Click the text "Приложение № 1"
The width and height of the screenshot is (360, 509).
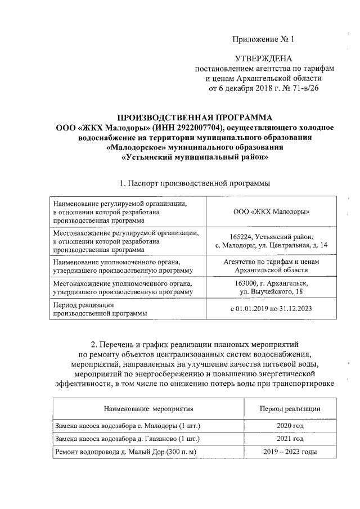[x=263, y=39]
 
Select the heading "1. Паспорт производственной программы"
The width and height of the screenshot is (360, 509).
[x=195, y=183]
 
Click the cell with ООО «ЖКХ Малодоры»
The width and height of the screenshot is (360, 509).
[x=271, y=212]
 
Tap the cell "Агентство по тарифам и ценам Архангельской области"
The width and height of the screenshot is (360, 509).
[x=271, y=265]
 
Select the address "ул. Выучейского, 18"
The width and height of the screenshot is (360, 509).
[x=271, y=292]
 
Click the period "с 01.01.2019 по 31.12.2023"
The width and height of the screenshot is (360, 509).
[x=271, y=309]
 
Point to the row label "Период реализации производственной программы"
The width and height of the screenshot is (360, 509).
[x=96, y=309]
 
